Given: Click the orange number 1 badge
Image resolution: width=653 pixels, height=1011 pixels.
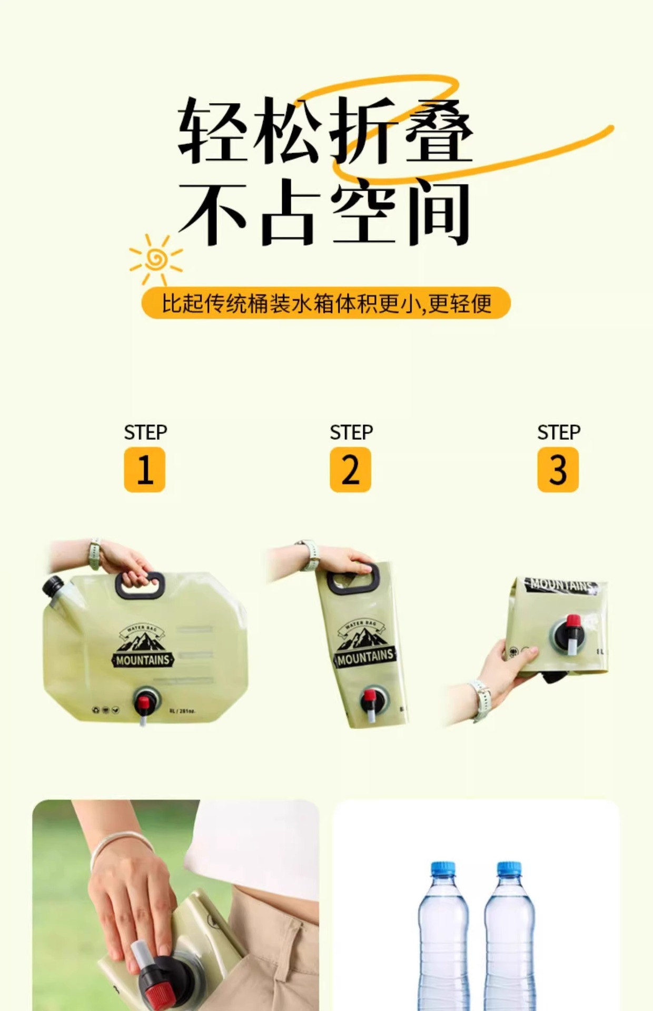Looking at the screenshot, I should (144, 470).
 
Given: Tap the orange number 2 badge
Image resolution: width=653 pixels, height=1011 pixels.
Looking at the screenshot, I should (350, 470).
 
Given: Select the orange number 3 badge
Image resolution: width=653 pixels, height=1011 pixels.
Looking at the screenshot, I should (558, 470).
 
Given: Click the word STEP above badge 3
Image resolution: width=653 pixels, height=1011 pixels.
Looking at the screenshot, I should (558, 432).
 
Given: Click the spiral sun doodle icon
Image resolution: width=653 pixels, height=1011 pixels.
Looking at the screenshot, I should (156, 259).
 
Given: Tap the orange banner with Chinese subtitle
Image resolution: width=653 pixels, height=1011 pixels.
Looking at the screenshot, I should (326, 303).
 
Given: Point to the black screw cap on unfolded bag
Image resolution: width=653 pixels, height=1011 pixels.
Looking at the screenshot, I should (52, 586).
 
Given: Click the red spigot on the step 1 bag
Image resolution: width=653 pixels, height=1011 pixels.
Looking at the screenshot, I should (143, 701).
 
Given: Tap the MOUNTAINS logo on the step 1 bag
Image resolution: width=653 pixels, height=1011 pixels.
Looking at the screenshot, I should (142, 660).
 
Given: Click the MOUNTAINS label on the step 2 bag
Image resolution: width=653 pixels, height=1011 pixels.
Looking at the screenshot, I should (365, 657).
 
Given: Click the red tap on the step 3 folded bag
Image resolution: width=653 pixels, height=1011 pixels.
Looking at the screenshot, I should (573, 621).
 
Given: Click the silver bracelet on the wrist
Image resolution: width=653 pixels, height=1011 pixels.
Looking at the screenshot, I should (120, 845).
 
